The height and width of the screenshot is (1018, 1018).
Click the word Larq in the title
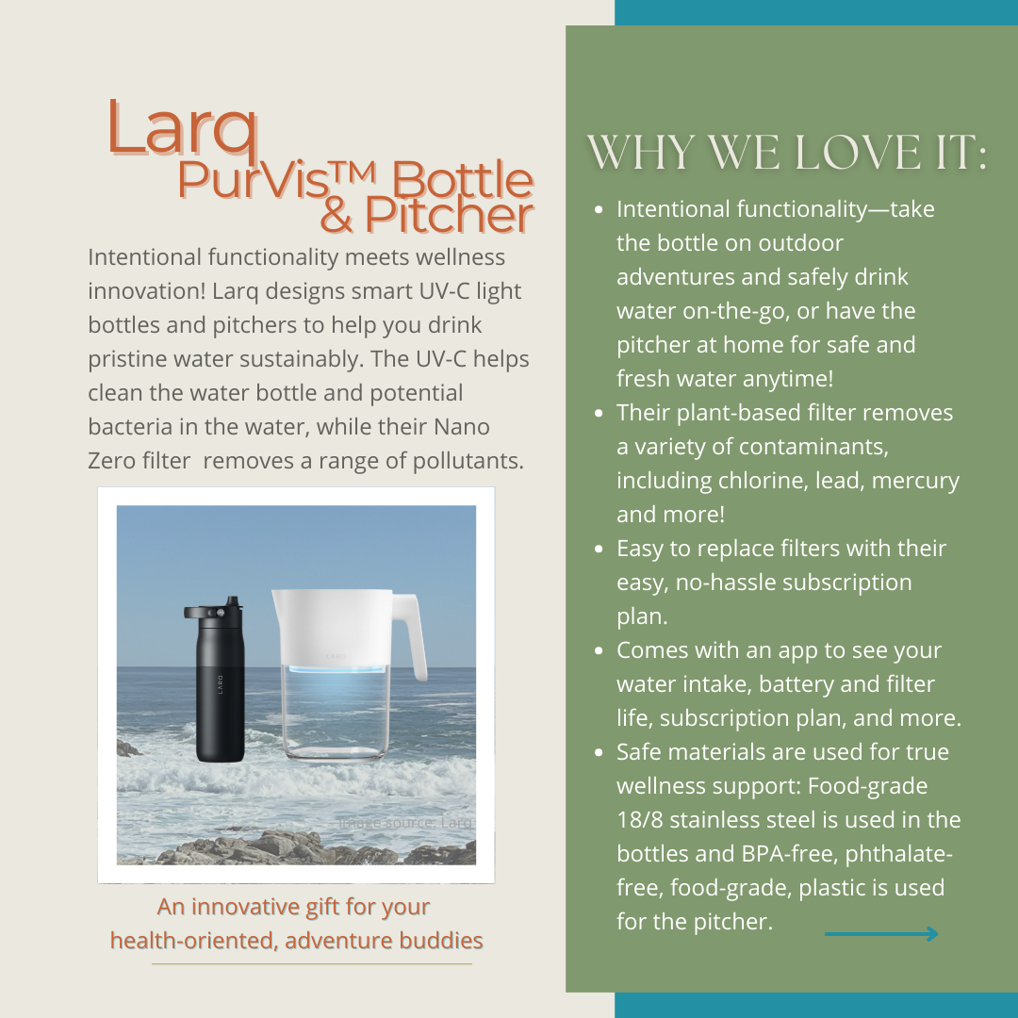coord(183,127)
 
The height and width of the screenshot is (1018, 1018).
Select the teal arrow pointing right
coord(881,934)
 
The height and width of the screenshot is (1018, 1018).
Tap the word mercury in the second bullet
coord(915,481)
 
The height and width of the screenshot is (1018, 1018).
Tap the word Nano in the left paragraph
coord(461,427)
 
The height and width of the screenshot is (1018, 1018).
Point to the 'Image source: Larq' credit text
coord(404,823)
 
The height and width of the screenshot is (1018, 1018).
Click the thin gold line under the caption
coord(311,964)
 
